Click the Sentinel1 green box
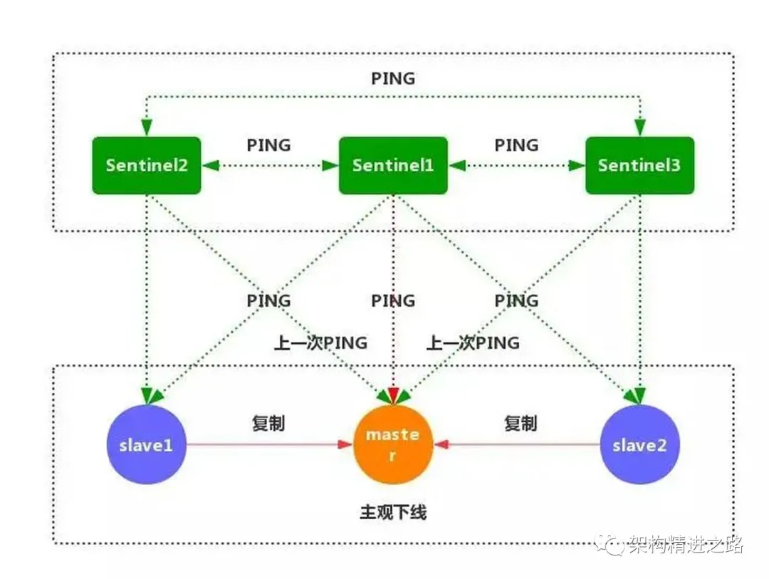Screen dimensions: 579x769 pyautogui.click(x=393, y=165)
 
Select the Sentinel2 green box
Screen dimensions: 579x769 pyautogui.click(x=147, y=165)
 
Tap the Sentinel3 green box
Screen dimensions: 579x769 pyautogui.click(x=639, y=165)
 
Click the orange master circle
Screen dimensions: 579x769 pyautogui.click(x=393, y=444)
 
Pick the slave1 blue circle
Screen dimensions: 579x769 pyautogui.click(x=146, y=445)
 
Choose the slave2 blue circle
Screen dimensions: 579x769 pyautogui.click(x=639, y=445)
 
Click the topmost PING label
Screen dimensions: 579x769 pyautogui.click(x=393, y=78)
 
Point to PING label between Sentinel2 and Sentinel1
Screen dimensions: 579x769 pyautogui.click(x=269, y=145)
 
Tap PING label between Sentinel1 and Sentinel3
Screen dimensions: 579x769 pyautogui.click(x=516, y=145)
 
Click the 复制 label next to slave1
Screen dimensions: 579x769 pyautogui.click(x=268, y=423)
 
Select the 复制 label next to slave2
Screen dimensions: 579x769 pyautogui.click(x=520, y=423)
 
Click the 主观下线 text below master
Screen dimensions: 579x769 pyautogui.click(x=393, y=512)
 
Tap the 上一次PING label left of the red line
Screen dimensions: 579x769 pyautogui.click(x=321, y=343)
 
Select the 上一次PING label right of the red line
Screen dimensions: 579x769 pyautogui.click(x=473, y=343)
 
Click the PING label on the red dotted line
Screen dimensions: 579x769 pyautogui.click(x=393, y=301)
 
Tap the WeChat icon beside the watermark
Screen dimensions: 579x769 pyautogui.click(x=612, y=546)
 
